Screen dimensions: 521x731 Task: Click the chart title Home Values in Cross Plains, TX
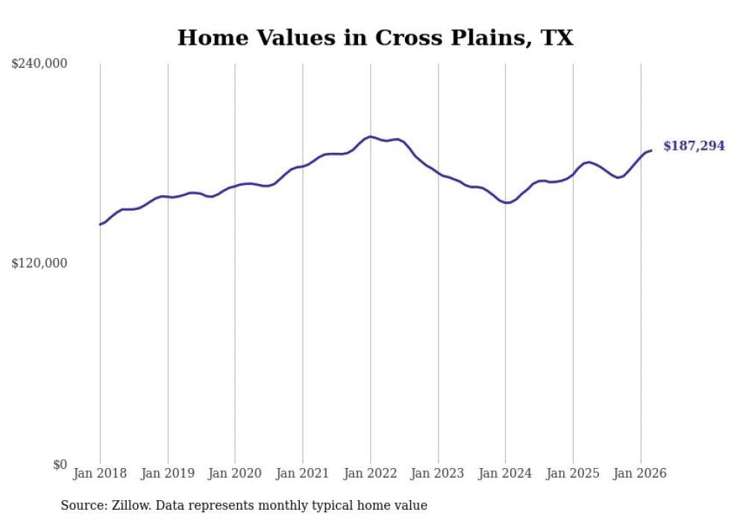pos(375,38)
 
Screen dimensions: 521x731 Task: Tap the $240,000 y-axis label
pos(40,64)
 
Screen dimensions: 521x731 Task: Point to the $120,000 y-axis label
pos(40,263)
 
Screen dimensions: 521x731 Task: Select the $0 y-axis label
pos(60,464)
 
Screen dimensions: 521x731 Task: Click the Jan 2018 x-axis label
pos(100,473)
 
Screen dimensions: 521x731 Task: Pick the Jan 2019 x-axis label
pos(168,473)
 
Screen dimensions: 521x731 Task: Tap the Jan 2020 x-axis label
pos(235,473)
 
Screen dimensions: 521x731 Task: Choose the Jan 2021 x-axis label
pos(303,473)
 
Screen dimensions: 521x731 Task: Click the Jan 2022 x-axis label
pos(370,473)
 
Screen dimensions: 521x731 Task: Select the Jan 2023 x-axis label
pos(438,473)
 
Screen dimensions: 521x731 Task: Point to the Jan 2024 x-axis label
pos(505,473)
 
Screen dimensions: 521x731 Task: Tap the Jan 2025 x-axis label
pos(573,473)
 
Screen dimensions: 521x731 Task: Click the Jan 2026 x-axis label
pos(640,473)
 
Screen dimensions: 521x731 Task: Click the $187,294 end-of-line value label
pos(694,146)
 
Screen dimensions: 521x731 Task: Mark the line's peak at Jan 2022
pos(370,136)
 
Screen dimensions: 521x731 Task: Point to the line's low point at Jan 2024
pos(506,203)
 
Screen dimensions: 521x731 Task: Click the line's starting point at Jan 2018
pos(100,224)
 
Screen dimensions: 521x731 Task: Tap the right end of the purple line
pos(651,151)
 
